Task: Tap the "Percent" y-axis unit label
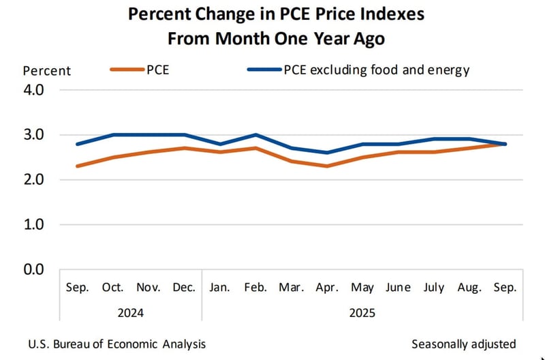[x=47, y=70]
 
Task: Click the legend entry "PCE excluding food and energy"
[x=357, y=70]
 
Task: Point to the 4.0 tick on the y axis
[x=34, y=90]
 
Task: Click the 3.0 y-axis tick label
[x=34, y=135]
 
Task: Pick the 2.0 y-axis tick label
[x=34, y=180]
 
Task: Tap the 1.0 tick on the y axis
[x=34, y=224]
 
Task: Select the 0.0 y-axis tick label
[x=34, y=269]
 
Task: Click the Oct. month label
[x=114, y=288]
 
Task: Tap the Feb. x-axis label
[x=255, y=288]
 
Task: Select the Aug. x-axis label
[x=468, y=288]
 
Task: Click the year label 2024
[x=129, y=314]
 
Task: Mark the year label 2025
[x=361, y=314]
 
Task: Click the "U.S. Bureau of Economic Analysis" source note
[x=117, y=344]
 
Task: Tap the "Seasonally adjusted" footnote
[x=464, y=344]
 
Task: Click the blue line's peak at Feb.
[x=255, y=135]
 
